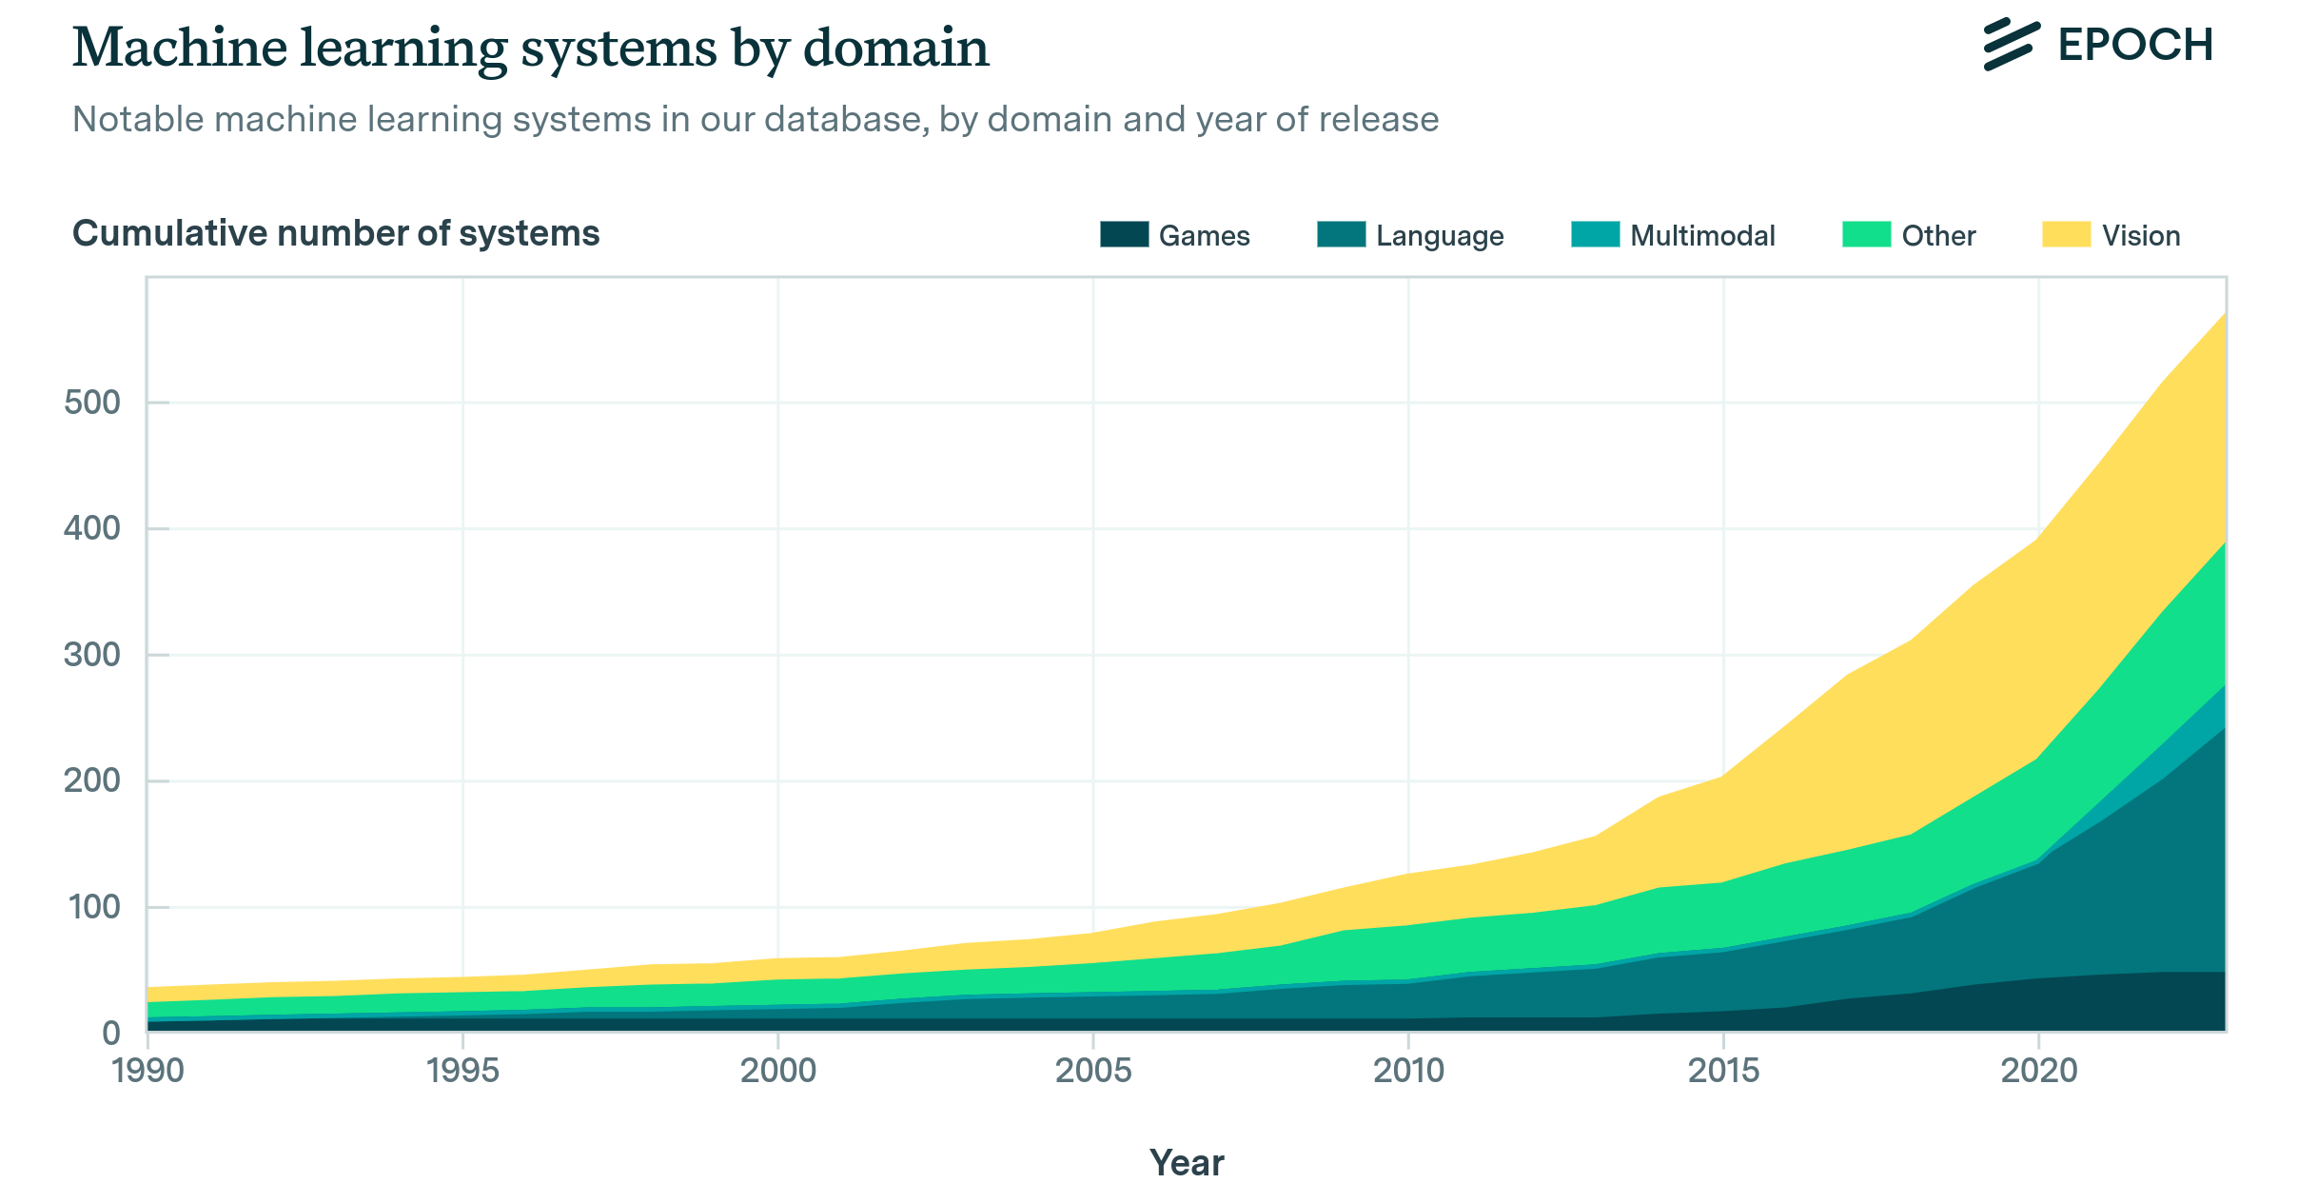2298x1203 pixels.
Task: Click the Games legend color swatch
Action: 1124,234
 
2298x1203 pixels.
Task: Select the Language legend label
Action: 1439,236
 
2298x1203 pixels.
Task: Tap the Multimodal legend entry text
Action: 1701,236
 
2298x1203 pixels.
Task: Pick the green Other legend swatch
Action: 1865,234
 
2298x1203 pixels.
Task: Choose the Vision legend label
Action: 2140,236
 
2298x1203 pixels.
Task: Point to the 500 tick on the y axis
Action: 92,403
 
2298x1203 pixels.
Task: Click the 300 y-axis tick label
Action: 92,655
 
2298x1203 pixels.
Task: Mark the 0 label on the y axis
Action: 111,1033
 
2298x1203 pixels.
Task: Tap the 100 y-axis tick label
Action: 92,907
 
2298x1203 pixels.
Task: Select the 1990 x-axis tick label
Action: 147,1071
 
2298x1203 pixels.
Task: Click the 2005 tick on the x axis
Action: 1093,1071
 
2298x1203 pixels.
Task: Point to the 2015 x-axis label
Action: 1723,1071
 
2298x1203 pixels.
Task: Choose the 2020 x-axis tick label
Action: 2038,1071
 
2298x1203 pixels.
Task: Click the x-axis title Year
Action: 1187,1163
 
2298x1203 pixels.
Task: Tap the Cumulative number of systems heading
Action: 336,234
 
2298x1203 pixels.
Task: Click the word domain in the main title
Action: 895,48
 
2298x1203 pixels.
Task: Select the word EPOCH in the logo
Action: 2135,45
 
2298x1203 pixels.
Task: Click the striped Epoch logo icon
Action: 2010,44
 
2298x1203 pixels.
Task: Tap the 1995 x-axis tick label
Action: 462,1071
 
